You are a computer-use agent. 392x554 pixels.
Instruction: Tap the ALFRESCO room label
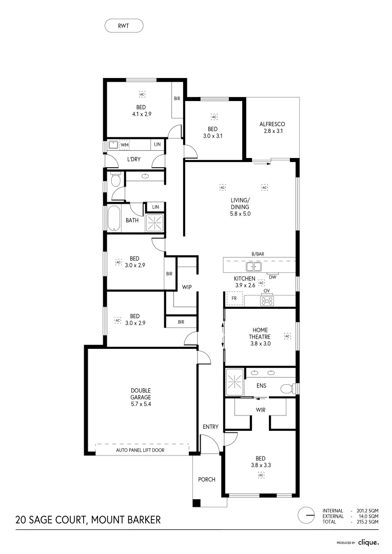pyautogui.click(x=272, y=124)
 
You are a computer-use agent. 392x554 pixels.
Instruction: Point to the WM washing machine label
pyautogui.click(x=124, y=145)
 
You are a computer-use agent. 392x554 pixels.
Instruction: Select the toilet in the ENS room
pyautogui.click(x=286, y=388)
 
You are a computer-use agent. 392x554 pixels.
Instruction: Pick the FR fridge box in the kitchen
pyautogui.click(x=234, y=298)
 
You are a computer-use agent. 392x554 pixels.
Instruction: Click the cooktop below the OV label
pyautogui.click(x=266, y=301)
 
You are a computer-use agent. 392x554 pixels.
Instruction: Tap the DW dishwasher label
pyautogui.click(x=272, y=277)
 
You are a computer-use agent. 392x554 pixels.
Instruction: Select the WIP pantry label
pyautogui.click(x=186, y=287)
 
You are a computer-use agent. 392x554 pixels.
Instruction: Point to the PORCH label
pyautogui.click(x=207, y=479)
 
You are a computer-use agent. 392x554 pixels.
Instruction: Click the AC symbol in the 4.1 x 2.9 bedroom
pyautogui.click(x=142, y=94)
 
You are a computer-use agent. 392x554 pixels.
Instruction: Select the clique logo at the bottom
pyautogui.click(x=368, y=542)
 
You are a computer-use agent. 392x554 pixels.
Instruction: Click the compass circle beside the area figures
pyautogui.click(x=306, y=515)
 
